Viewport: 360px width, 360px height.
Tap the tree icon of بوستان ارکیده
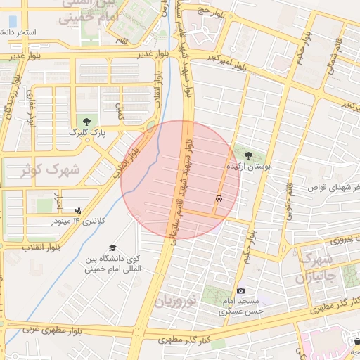[247, 155]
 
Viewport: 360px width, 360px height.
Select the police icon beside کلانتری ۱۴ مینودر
[78, 209]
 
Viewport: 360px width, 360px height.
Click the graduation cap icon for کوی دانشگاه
[112, 247]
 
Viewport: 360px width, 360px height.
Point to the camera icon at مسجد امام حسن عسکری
[241, 290]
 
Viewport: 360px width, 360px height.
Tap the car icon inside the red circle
[219, 200]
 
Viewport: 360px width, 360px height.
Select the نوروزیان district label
[173, 302]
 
